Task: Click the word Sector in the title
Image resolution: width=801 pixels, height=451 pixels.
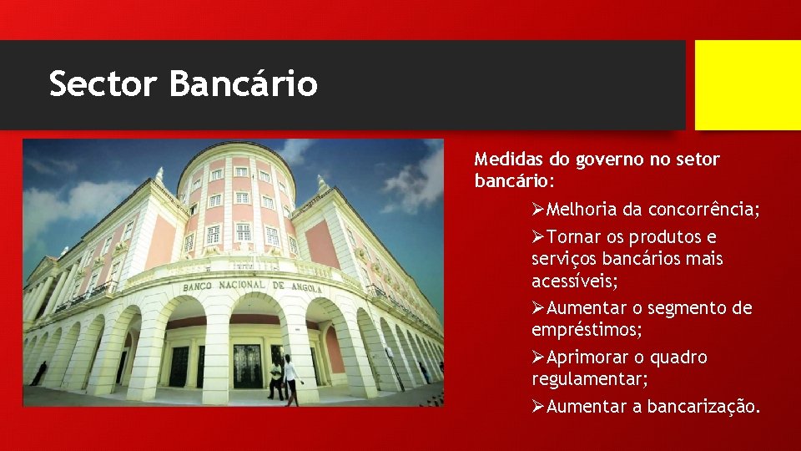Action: [x=103, y=84]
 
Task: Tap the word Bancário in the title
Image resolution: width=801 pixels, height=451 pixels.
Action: [x=243, y=84]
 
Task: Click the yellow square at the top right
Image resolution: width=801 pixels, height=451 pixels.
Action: [x=748, y=85]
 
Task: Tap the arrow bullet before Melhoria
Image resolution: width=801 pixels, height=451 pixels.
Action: [x=539, y=210]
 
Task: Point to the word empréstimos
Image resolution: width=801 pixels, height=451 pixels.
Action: [x=587, y=330]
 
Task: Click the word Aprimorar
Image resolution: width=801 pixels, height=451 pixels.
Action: [x=585, y=357]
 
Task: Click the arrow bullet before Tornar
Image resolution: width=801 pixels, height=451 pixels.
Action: [x=539, y=237]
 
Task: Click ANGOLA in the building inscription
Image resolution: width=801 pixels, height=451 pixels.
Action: [x=308, y=288]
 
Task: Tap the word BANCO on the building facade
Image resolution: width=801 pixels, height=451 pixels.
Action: [x=200, y=287]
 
